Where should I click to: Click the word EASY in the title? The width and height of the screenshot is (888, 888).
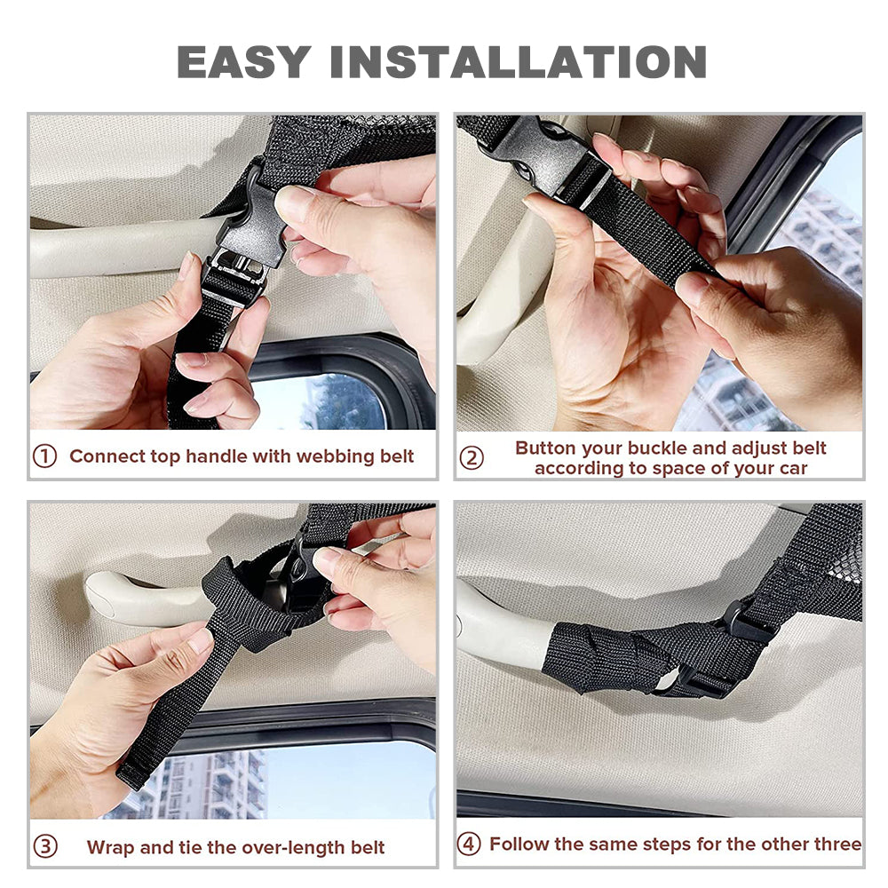[x=244, y=62]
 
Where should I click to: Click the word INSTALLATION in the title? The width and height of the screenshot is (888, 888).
[x=519, y=62]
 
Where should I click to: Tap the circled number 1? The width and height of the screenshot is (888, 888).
[x=44, y=456]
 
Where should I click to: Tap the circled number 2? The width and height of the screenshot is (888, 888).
[x=472, y=457]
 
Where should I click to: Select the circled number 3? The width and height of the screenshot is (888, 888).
[x=45, y=846]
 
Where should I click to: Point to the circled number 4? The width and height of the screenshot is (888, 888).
[x=468, y=844]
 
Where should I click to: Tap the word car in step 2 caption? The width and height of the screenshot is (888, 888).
[x=792, y=469]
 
